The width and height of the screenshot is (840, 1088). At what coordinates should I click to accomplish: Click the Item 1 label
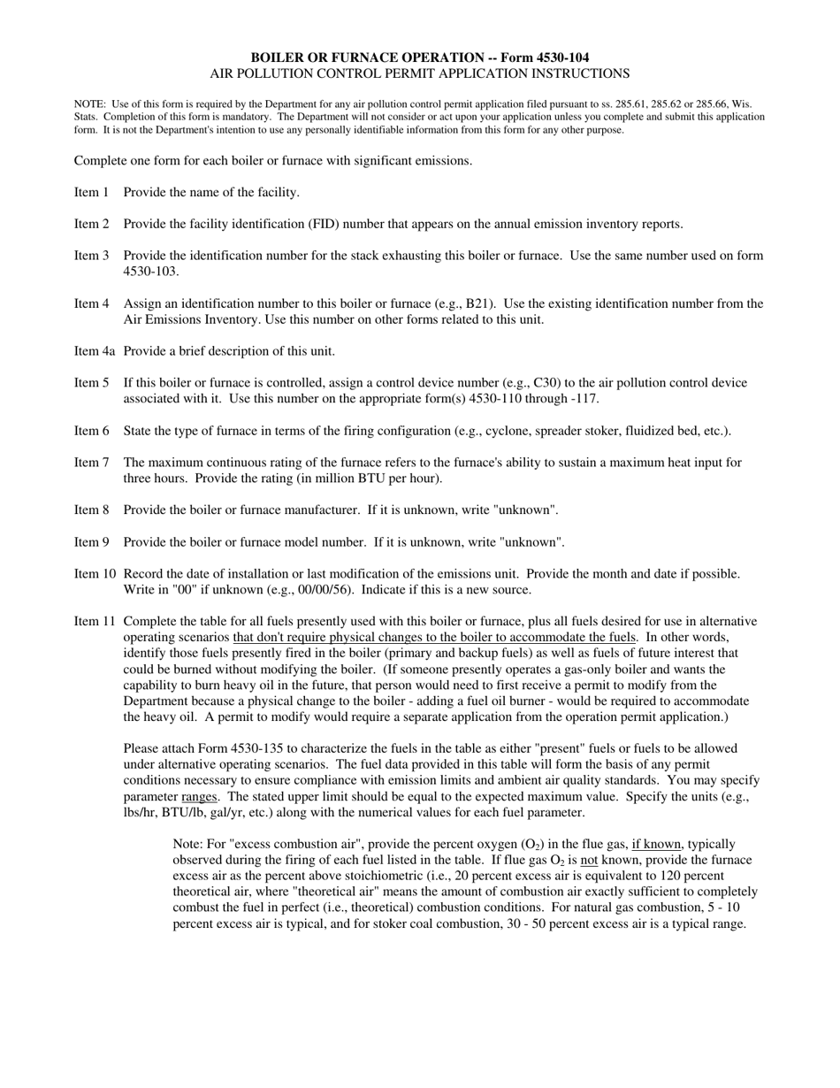coord(92,192)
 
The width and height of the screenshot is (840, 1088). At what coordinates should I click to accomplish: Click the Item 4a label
coord(95,351)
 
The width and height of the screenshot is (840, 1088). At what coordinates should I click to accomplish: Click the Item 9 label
coord(92,542)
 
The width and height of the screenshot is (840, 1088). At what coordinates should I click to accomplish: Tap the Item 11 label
coord(95,622)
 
